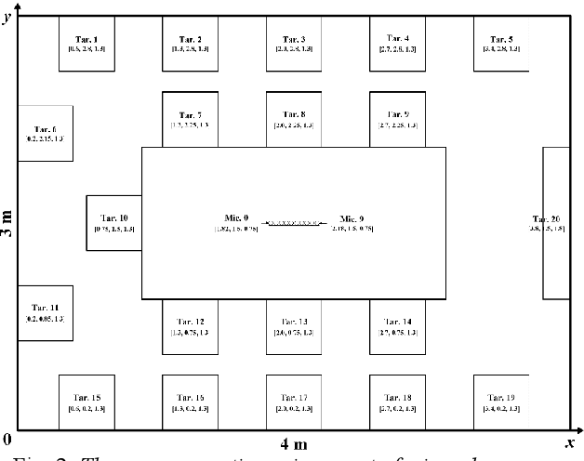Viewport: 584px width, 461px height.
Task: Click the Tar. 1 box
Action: pyautogui.click(x=86, y=44)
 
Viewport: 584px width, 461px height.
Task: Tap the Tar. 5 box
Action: pyautogui.click(x=500, y=44)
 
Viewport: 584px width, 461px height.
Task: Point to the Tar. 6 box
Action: pyautogui.click(x=45, y=134)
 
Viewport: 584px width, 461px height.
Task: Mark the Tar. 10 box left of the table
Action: pyautogui.click(x=113, y=224)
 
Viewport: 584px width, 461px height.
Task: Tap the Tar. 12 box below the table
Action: pyautogui.click(x=190, y=326)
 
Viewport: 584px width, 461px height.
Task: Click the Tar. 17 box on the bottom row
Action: pyautogui.click(x=293, y=402)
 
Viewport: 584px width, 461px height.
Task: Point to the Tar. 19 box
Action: pyautogui.click(x=500, y=402)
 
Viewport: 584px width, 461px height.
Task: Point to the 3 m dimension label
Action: pyautogui.click(x=8, y=224)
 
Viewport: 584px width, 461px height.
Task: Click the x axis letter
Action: pyautogui.click(x=569, y=441)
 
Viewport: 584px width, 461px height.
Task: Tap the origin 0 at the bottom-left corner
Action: pyautogui.click(x=7, y=440)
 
